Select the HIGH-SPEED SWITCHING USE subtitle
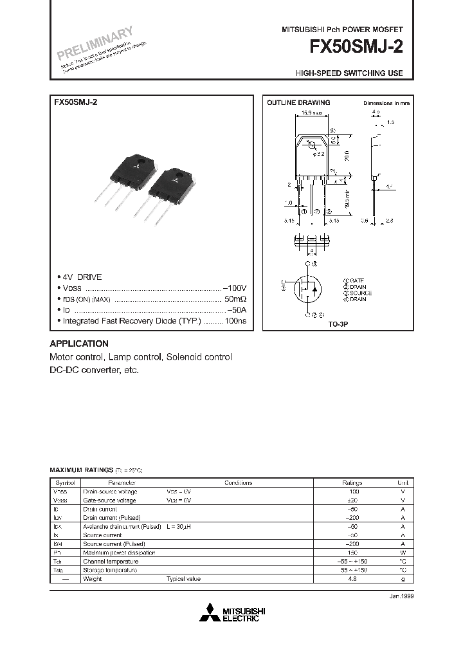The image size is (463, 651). click(349, 73)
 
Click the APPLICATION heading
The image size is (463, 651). click(79, 344)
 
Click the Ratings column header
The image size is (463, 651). click(352, 482)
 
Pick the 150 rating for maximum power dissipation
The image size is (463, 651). click(352, 553)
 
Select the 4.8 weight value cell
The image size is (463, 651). click(352, 579)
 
